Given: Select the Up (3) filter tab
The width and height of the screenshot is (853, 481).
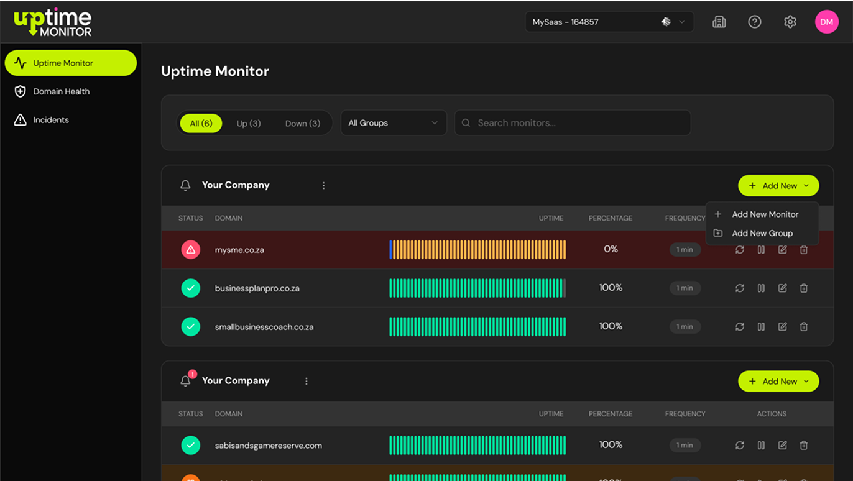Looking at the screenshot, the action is click(248, 123).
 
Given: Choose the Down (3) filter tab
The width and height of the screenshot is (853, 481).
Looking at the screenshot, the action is click(303, 123).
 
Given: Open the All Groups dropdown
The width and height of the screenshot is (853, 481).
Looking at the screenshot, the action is click(394, 123).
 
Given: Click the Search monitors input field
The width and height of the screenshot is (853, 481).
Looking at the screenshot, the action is click(573, 123).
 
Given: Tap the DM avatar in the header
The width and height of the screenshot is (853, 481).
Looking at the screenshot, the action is click(826, 22).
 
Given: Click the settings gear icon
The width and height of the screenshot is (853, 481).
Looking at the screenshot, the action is click(790, 22).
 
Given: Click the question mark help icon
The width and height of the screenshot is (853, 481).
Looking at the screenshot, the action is click(754, 22).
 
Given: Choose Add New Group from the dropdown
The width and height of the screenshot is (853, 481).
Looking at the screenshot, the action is click(762, 233).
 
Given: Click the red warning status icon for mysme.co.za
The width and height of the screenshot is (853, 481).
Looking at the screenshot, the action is click(191, 250).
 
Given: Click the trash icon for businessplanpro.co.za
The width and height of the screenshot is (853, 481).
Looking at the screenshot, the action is click(803, 288).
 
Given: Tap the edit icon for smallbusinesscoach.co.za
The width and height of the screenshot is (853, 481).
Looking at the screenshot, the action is click(782, 326).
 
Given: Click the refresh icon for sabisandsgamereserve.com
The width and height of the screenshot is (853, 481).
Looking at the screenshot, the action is click(739, 445).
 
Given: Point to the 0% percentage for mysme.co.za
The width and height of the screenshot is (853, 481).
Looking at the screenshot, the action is click(611, 249).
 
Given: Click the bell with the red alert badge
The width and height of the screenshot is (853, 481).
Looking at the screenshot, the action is click(187, 380).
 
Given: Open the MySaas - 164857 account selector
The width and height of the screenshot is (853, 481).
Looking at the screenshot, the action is click(609, 22).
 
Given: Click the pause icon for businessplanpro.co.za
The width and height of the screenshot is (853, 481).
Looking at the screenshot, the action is click(761, 288).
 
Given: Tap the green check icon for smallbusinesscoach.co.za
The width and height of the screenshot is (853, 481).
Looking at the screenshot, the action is click(191, 326).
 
